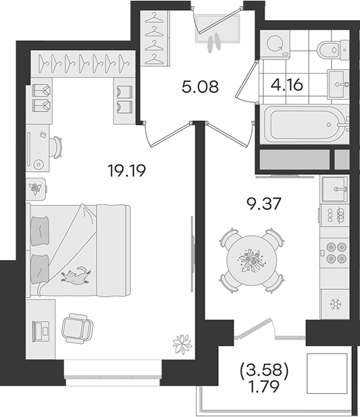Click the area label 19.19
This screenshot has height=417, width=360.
click(x=127, y=171)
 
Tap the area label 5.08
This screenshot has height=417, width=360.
click(x=201, y=87)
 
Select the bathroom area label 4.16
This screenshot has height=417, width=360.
click(x=287, y=85)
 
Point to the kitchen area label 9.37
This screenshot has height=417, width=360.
click(x=263, y=204)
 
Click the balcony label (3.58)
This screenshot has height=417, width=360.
click(x=264, y=371)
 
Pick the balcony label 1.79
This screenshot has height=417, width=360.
click(x=263, y=387)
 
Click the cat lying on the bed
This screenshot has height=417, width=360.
click(x=76, y=276)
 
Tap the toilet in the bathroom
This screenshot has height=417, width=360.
click(x=332, y=49)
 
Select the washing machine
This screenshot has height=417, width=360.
click(x=275, y=44)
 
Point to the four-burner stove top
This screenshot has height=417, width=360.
click(x=334, y=252)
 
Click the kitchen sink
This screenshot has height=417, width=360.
click(x=335, y=189)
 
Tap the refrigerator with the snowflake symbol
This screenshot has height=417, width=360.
click(x=334, y=304)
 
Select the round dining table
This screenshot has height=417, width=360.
click(x=251, y=260)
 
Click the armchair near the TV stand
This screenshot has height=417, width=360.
click(x=77, y=328)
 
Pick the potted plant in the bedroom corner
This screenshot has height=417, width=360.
click(x=182, y=344)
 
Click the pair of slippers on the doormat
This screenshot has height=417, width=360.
click(x=214, y=43)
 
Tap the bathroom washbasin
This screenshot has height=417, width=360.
click(x=338, y=84)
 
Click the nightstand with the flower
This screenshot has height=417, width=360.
click(x=36, y=189)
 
